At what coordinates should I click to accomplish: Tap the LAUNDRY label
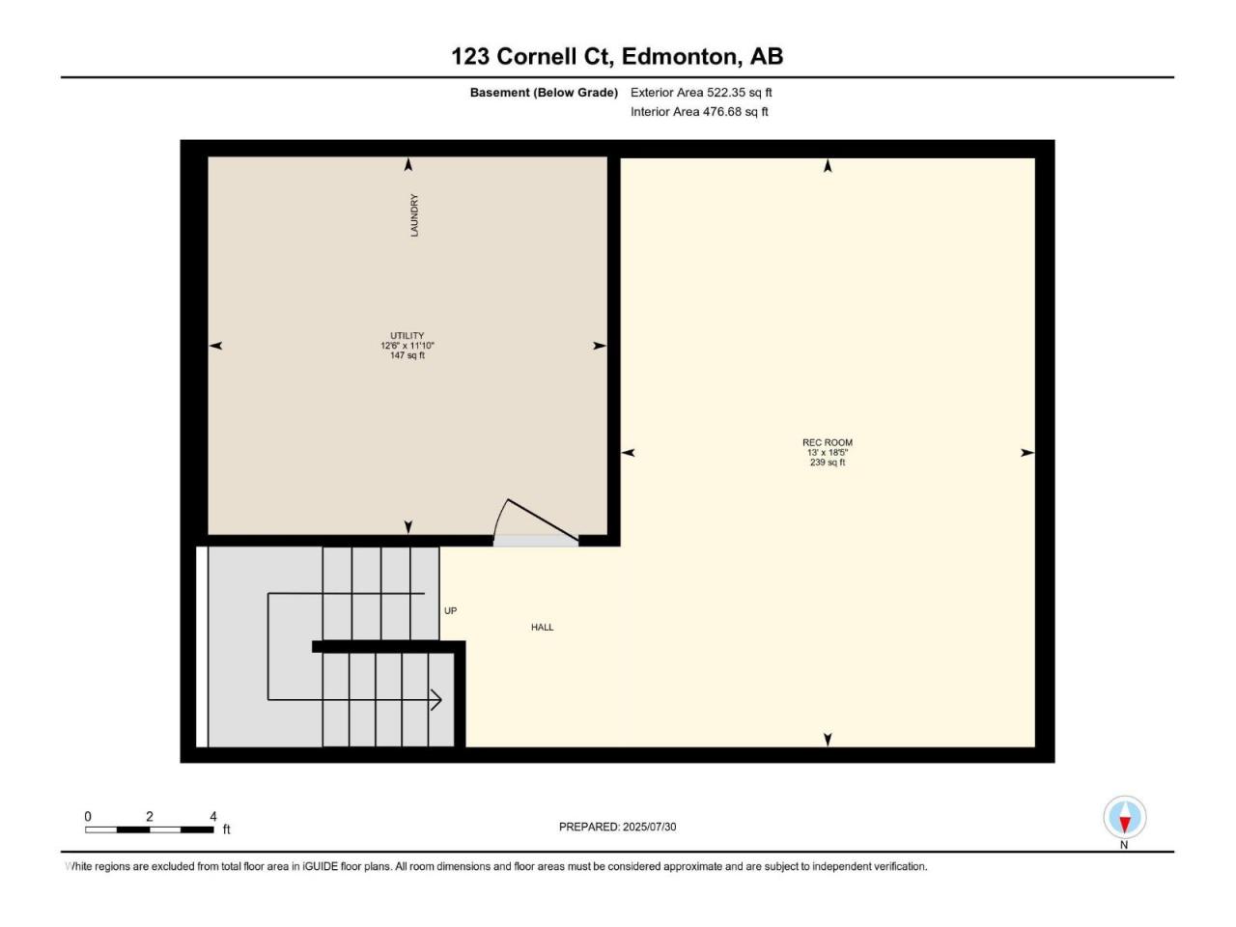pyautogui.click(x=414, y=215)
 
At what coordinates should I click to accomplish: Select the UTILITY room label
pyautogui.click(x=407, y=335)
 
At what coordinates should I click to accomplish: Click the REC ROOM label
pyautogui.click(x=828, y=442)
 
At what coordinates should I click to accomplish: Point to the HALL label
pyautogui.click(x=543, y=627)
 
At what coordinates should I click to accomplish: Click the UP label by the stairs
pyautogui.click(x=451, y=610)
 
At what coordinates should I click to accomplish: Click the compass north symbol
pyautogui.click(x=1125, y=817)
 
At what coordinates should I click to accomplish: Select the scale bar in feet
pyautogui.click(x=150, y=829)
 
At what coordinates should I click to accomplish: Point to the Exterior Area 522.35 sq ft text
pyautogui.click(x=701, y=93)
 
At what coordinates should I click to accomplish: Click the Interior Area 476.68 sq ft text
pyautogui.click(x=699, y=111)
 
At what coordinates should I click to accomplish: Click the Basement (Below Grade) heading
pyautogui.click(x=544, y=93)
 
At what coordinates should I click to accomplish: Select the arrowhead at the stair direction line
pyautogui.click(x=436, y=700)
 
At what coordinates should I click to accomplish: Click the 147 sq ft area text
pyautogui.click(x=407, y=355)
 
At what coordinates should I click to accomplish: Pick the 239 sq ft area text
pyautogui.click(x=828, y=463)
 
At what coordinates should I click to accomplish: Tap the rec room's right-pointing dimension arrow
pyautogui.click(x=1027, y=453)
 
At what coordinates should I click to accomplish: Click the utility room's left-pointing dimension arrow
pyautogui.click(x=215, y=346)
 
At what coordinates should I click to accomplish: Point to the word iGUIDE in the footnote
pyautogui.click(x=321, y=866)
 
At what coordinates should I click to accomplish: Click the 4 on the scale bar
pyautogui.click(x=212, y=816)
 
